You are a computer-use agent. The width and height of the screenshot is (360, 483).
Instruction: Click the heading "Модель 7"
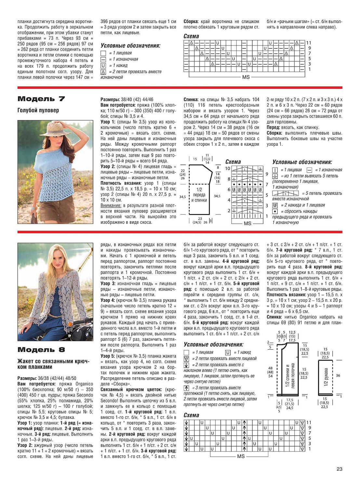[x=41, y=99]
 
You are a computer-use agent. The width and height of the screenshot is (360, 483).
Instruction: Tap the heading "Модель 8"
[x=41, y=350]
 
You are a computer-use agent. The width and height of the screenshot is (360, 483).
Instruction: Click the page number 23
[x=339, y=469]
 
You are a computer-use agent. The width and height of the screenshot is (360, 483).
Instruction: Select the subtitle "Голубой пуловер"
[x=38, y=110]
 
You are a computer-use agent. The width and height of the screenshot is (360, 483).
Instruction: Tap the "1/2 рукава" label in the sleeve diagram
[x=326, y=377]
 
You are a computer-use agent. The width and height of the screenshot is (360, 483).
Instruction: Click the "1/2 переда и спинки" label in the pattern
[x=199, y=195]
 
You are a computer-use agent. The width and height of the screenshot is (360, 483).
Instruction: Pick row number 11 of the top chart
[x=309, y=43]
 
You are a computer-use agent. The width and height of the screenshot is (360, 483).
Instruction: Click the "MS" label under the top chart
[x=246, y=77]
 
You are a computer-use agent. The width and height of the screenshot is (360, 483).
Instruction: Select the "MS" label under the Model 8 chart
[x=241, y=456]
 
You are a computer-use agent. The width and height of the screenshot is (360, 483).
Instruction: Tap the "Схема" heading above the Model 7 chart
[x=233, y=162]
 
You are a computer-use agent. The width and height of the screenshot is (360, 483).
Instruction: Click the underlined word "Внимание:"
[x=111, y=206]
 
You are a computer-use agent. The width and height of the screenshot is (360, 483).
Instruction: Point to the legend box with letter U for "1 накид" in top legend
[x=103, y=66]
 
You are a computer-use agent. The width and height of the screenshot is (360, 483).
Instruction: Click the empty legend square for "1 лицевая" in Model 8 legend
[x=186, y=353]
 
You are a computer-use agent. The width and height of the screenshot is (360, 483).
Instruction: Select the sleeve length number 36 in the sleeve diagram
[x=338, y=375]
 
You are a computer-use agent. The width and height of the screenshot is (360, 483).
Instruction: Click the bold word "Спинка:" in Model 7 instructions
[x=191, y=100]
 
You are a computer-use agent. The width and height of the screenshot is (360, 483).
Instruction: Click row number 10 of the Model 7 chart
[x=227, y=168]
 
